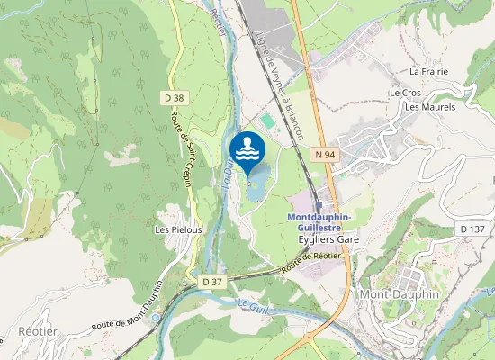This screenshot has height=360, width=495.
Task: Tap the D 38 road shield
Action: pyautogui.click(x=175, y=98)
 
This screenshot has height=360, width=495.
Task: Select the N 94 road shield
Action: pyautogui.click(x=325, y=156)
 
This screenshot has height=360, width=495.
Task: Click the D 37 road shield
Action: pyautogui.click(x=212, y=282)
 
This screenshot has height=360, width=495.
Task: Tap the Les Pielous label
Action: pyautogui.click(x=178, y=229)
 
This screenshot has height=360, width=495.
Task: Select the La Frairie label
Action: pyautogui.click(x=428, y=71)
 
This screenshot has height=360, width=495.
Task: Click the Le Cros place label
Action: pyautogui.click(x=405, y=93)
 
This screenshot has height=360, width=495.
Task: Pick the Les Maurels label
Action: pyautogui.click(x=430, y=107)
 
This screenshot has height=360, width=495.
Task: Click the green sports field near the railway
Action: pyautogui.click(x=267, y=120)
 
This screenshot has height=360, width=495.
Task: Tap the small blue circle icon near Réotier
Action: pyautogui.click(x=156, y=317)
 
